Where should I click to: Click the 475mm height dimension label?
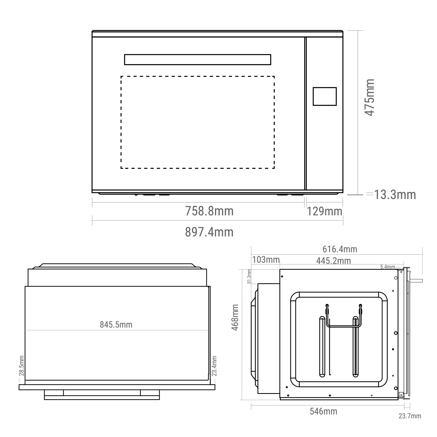click(x=370, y=97)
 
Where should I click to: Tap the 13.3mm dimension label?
click(x=395, y=195)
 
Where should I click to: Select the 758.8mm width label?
click(x=209, y=211)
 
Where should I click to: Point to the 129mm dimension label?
click(x=324, y=211)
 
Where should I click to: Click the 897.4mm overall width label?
click(x=209, y=232)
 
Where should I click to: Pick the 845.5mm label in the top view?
click(x=116, y=325)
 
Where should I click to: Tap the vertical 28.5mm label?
click(x=22, y=365)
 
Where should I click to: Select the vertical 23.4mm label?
click(x=214, y=366)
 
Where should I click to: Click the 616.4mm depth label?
click(x=340, y=249)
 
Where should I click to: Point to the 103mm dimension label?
click(x=265, y=260)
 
